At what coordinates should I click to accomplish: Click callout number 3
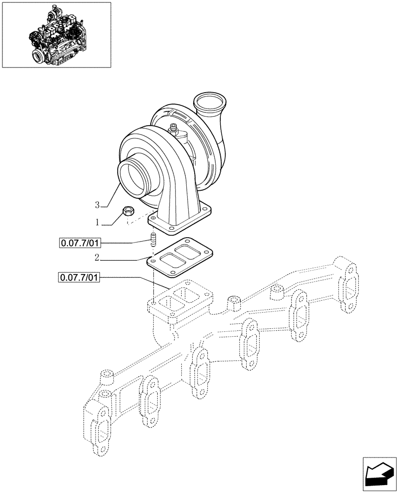pyautogui.click(x=98, y=204)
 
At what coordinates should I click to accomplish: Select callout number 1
pyautogui.click(x=98, y=223)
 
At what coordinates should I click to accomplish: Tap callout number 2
pyautogui.click(x=98, y=257)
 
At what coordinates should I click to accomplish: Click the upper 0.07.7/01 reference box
pyautogui.click(x=79, y=243)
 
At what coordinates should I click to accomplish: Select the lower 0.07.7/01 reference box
pyautogui.click(x=79, y=278)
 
